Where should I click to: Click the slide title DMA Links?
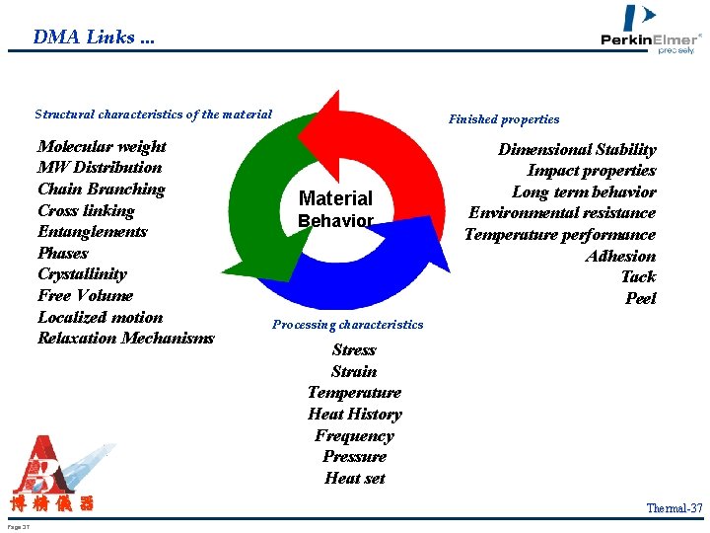[94, 38]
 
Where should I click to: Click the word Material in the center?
[335, 198]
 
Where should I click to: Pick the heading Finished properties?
[504, 119]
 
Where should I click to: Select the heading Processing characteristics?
[347, 325]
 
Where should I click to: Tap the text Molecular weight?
[102, 147]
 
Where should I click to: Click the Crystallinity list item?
[82, 274]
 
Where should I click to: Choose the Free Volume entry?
[85, 296]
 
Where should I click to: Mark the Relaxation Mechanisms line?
[125, 339]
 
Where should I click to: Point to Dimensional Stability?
[577, 150]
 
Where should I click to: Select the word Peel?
[640, 299]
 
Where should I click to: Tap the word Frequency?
[354, 436]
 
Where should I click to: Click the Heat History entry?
[354, 415]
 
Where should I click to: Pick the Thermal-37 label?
[674, 508]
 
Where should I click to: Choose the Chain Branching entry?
[101, 190]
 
